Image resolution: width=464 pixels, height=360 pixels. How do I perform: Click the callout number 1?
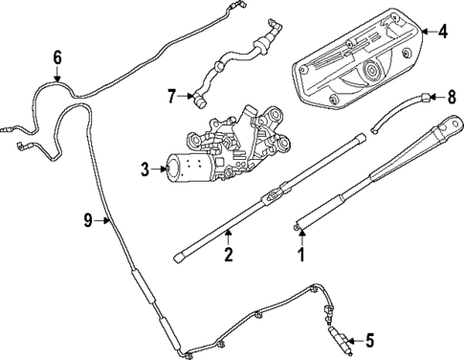tap(301, 256)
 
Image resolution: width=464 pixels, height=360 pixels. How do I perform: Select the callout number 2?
tap(228, 256)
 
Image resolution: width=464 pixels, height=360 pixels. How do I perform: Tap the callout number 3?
tap(144, 170)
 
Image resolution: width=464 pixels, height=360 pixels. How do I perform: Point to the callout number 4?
tap(442, 31)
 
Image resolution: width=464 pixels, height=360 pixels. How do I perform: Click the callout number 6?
tap(57, 57)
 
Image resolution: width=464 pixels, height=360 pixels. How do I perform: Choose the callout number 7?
tap(171, 95)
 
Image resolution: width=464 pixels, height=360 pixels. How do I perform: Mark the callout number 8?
tap(453, 96)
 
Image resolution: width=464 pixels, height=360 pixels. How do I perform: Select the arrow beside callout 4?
tap(426, 31)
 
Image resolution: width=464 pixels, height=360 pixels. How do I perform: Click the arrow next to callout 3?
tap(158, 170)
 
